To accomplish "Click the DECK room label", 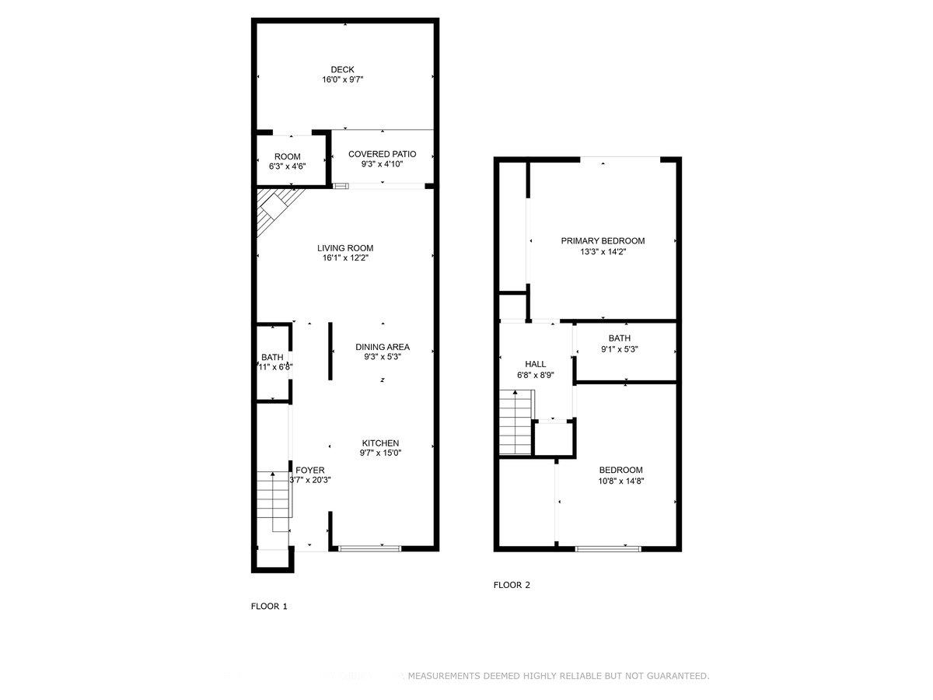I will point(342,70).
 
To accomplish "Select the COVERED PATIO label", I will point(382,154).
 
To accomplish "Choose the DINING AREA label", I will point(382,347).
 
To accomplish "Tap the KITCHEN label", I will point(380,443).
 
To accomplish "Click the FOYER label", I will point(310,470).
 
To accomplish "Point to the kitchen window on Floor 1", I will point(369,548).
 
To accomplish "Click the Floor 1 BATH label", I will point(272,357).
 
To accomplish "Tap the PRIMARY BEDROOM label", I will point(603,241).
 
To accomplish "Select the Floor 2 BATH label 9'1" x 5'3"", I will point(620,338).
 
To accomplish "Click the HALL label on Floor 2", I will point(535,364).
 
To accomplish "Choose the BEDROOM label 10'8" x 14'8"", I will point(620,470).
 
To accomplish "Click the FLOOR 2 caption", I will point(512,586).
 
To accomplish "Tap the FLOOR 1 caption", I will point(269,606).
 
